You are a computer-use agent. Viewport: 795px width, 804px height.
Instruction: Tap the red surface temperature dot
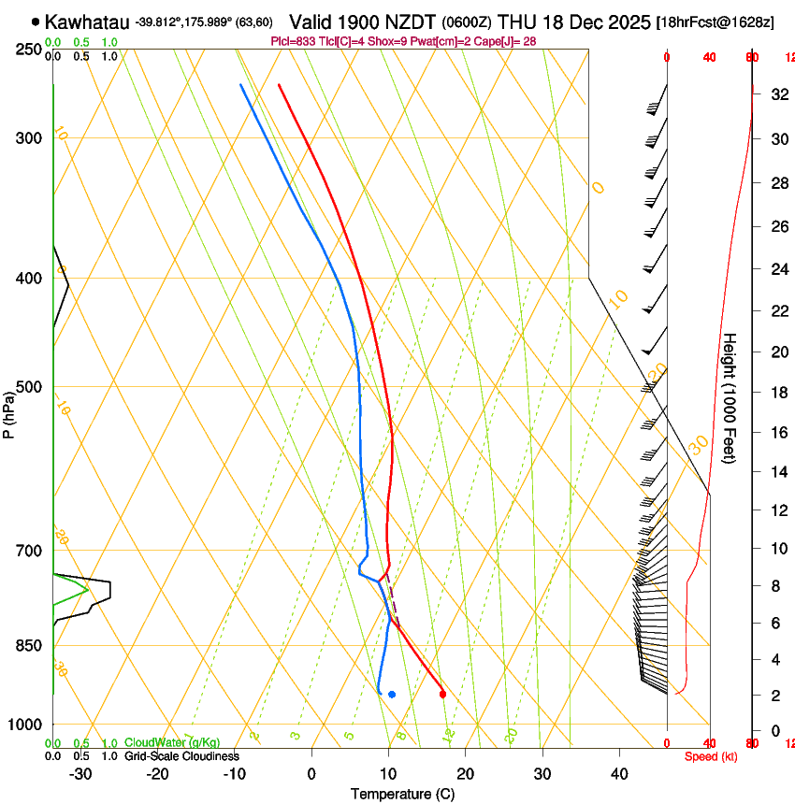click(442, 694)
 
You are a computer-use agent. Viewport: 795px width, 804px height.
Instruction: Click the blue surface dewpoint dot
click(392, 694)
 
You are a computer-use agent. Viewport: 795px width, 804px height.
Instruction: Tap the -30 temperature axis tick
click(80, 774)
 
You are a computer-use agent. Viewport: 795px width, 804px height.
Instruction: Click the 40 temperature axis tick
click(619, 774)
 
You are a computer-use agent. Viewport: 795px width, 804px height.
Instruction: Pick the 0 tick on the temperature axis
click(311, 774)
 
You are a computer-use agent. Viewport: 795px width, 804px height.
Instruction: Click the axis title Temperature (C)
click(402, 795)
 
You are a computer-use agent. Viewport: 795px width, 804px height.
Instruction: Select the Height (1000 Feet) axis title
click(730, 398)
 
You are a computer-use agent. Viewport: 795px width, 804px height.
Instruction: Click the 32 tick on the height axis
click(777, 94)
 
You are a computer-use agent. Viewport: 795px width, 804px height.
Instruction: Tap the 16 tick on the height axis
click(777, 433)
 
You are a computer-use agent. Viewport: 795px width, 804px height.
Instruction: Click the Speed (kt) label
click(710, 756)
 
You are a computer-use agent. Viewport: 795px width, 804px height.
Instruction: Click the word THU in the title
click(516, 22)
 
